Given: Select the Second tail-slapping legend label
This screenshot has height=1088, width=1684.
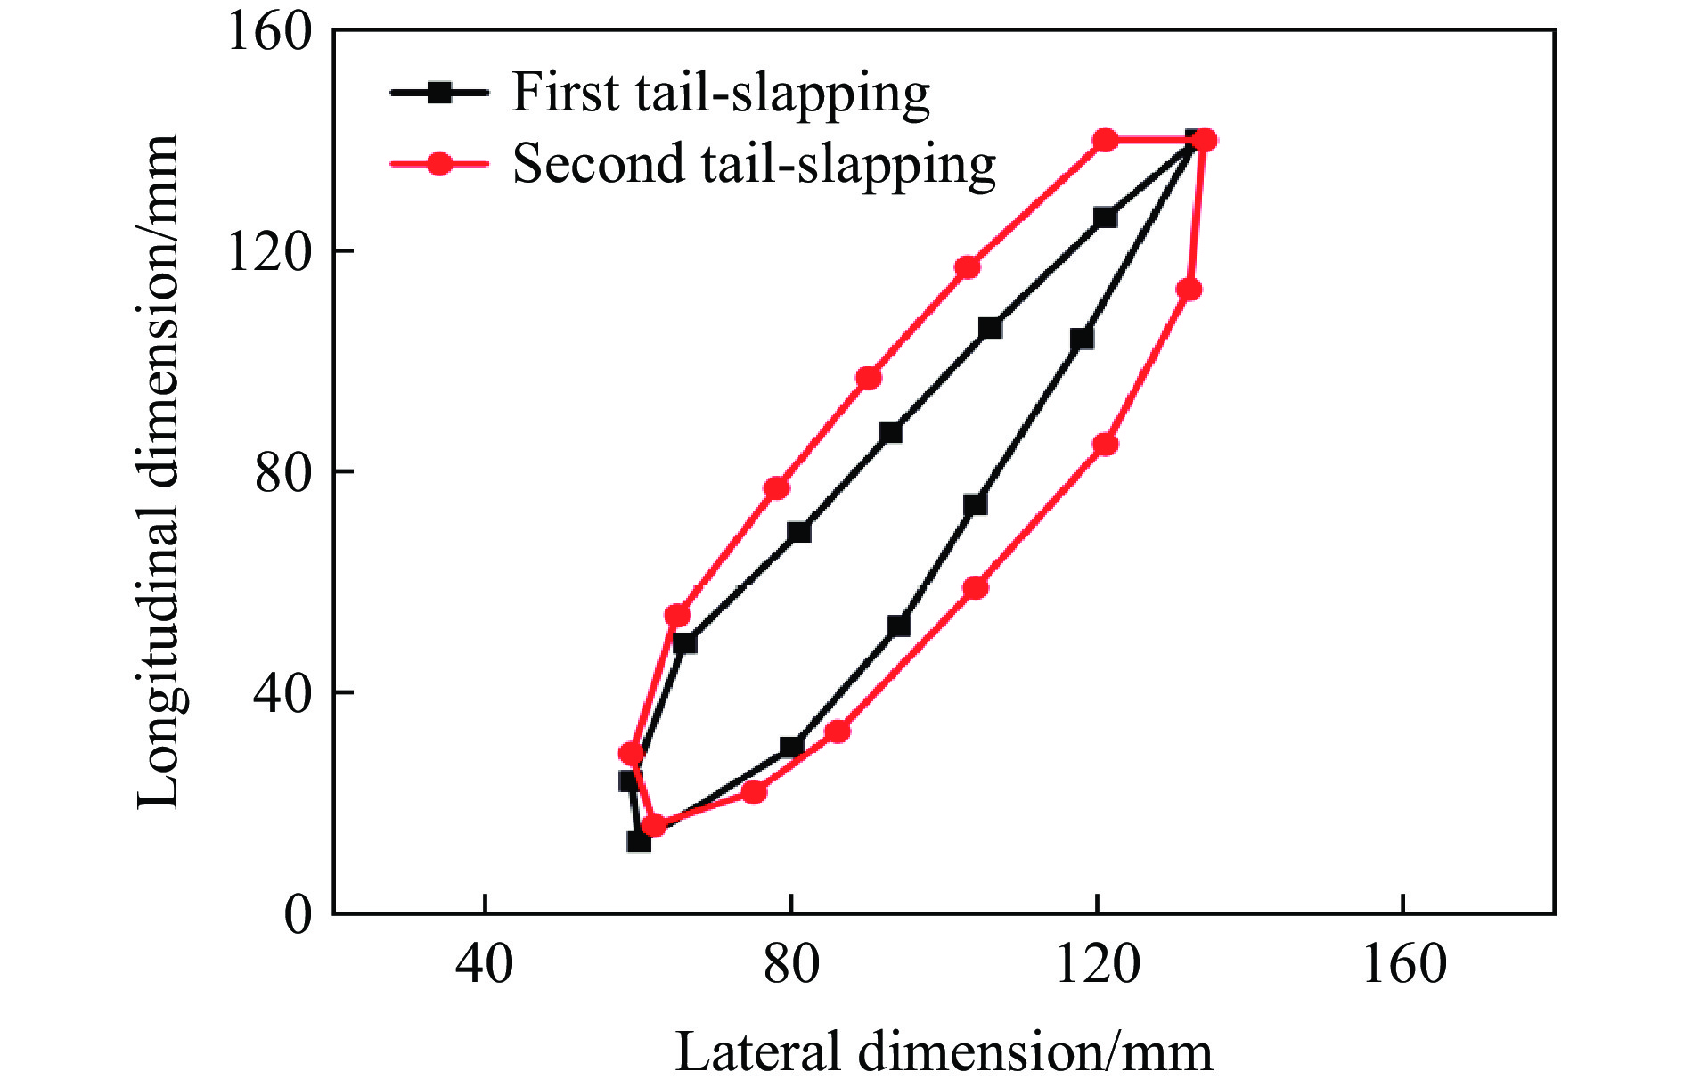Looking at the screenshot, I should click(x=753, y=165).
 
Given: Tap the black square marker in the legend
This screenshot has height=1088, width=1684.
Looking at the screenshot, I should click(x=438, y=92).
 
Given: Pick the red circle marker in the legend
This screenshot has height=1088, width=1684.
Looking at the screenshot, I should click(x=438, y=164).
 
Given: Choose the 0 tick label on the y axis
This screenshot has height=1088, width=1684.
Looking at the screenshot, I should click(x=298, y=913).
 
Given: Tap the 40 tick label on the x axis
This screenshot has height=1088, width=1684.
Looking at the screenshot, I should click(x=484, y=964).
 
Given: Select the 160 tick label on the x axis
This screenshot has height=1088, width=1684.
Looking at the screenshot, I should click(x=1403, y=964).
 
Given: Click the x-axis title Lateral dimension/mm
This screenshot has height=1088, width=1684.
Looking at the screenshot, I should click(x=944, y=1051).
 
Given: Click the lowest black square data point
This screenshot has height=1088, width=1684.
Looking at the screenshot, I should click(x=639, y=841).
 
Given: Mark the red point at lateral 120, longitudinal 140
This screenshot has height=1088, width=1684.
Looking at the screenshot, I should click(x=1106, y=140).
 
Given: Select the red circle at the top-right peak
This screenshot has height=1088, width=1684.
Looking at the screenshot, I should click(x=1205, y=140).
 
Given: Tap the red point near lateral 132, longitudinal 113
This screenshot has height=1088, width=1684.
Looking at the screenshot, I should click(x=1189, y=290).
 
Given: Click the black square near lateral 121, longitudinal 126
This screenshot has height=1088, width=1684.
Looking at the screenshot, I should click(x=1105, y=217).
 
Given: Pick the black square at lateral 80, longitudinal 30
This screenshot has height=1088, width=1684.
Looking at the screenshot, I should click(x=791, y=747).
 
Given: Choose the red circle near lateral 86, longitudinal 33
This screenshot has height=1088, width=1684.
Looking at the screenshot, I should click(x=837, y=732).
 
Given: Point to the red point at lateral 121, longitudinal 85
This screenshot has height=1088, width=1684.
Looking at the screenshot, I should click(x=1106, y=445).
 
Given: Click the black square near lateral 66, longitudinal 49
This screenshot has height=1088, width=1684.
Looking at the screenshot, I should click(x=684, y=642).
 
